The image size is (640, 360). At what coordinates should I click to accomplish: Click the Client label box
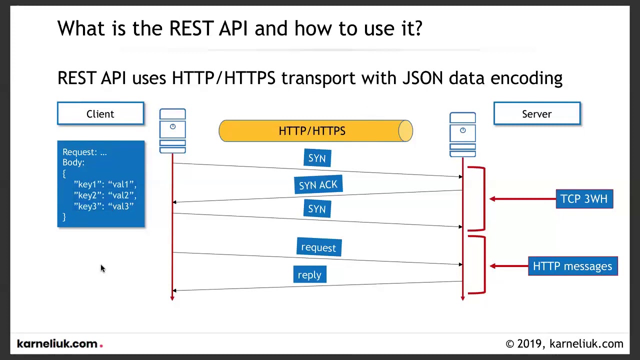(100, 113)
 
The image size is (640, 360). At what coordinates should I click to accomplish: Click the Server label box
(537, 113)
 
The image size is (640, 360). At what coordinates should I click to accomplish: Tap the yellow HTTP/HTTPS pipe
(315, 131)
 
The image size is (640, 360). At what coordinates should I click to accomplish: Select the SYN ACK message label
(318, 184)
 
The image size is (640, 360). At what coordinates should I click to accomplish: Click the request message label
(319, 247)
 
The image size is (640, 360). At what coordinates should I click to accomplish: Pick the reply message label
(309, 274)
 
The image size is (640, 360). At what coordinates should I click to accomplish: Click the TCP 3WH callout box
(584, 199)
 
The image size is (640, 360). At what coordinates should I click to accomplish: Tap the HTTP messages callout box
(573, 266)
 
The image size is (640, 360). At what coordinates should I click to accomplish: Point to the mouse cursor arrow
(103, 268)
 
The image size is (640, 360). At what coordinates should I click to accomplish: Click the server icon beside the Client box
(172, 131)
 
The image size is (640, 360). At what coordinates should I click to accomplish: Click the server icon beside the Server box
(462, 134)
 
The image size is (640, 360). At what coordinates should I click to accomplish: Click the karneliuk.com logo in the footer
(59, 343)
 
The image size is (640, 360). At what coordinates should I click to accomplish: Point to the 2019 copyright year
(529, 343)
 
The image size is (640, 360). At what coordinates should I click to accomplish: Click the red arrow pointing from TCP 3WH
(523, 199)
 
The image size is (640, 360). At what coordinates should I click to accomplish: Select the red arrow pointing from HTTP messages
(509, 266)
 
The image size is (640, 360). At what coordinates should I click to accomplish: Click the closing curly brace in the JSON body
(64, 217)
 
